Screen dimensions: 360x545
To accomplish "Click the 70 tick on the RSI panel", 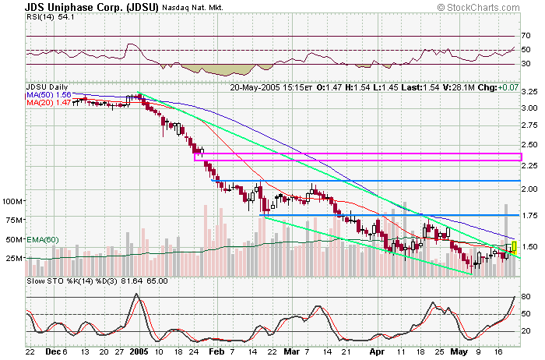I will point(526,36).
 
